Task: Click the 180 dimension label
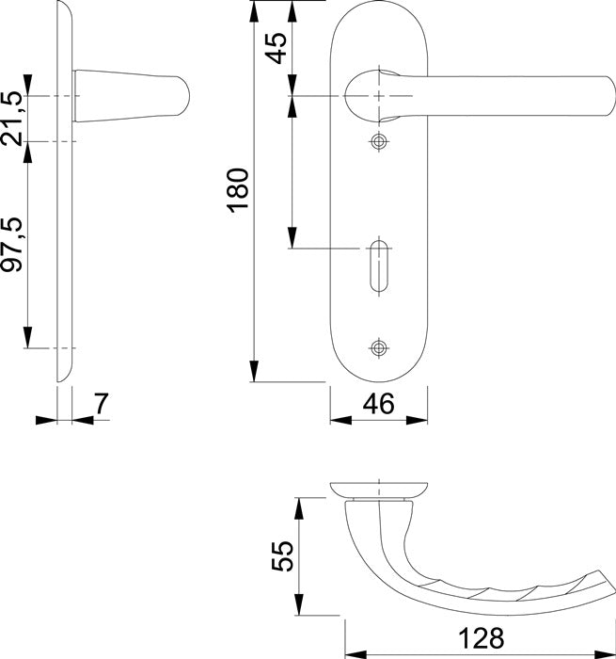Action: (x=239, y=190)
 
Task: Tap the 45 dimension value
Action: (x=277, y=48)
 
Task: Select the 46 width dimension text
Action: (x=379, y=404)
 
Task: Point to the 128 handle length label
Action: (x=481, y=638)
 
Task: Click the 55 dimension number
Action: (x=282, y=555)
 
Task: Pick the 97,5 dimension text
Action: (x=11, y=244)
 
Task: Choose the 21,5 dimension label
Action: (x=11, y=119)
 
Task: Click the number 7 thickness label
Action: (x=102, y=404)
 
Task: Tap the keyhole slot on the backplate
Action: (x=379, y=266)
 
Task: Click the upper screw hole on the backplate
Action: (x=379, y=141)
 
